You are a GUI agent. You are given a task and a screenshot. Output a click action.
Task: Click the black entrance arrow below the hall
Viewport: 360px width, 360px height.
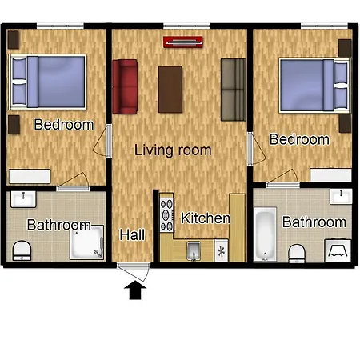(x=135, y=291)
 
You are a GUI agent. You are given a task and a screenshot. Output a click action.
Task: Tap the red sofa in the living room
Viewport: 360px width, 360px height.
(x=125, y=86)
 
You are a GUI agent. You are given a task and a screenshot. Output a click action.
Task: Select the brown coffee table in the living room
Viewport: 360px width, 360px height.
(x=170, y=90)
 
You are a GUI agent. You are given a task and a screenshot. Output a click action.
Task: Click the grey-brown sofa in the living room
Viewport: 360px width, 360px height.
(x=234, y=90)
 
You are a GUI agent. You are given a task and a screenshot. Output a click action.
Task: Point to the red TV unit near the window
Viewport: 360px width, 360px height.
(x=183, y=42)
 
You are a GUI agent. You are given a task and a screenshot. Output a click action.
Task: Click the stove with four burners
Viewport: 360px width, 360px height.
(x=166, y=215)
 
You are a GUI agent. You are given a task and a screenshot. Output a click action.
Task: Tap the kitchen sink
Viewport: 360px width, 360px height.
(x=194, y=250)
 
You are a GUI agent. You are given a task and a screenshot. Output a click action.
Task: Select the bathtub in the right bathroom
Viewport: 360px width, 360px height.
(x=265, y=234)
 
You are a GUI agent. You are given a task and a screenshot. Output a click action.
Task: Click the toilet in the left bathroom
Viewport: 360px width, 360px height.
(x=22, y=250)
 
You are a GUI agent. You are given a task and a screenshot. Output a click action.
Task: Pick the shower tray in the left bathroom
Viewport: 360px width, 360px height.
(x=86, y=242)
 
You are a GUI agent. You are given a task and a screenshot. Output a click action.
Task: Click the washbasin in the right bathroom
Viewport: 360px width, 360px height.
(x=341, y=196)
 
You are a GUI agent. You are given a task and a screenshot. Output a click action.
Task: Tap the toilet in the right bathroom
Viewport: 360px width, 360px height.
(x=297, y=254)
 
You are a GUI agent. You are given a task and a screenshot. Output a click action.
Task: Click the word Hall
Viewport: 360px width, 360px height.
(x=132, y=234)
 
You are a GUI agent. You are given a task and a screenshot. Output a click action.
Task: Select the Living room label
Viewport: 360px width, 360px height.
(x=173, y=150)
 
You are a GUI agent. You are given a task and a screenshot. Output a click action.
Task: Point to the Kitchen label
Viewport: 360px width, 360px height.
(x=206, y=218)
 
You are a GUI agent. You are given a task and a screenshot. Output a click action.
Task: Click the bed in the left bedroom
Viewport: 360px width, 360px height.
(x=47, y=82)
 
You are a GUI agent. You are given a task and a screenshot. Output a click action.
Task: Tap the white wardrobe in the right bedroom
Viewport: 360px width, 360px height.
(x=330, y=175)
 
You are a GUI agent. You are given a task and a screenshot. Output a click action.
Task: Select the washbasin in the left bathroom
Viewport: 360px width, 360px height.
(x=23, y=199)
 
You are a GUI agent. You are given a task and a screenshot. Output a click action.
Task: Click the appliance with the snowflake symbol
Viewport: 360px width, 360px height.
(x=222, y=250)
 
